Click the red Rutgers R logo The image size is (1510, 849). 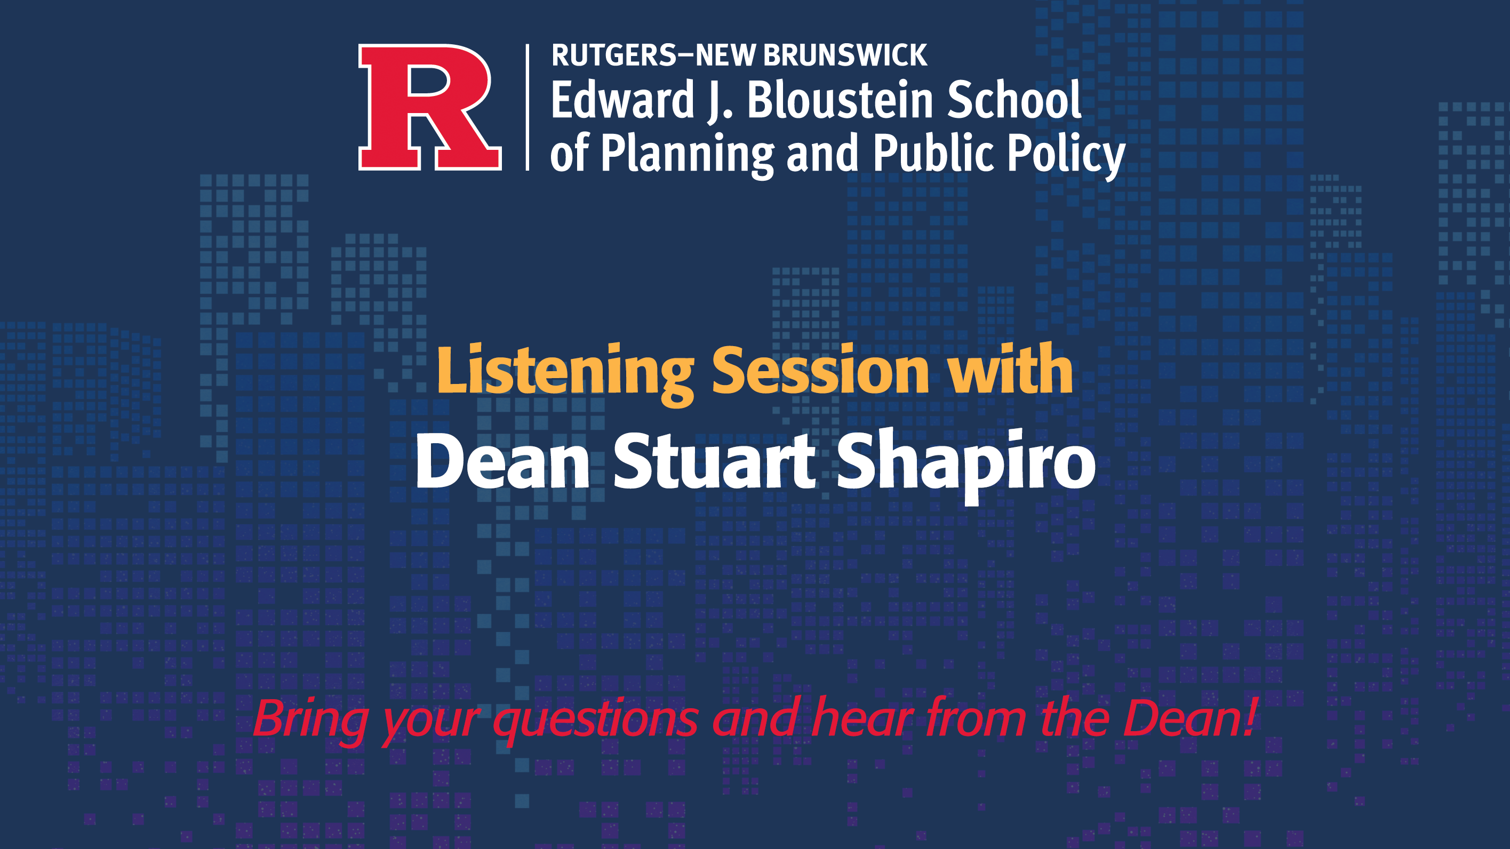click(x=430, y=107)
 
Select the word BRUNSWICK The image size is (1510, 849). click(x=845, y=55)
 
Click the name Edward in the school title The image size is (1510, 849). click(x=622, y=100)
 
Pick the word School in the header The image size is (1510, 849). click(x=1014, y=100)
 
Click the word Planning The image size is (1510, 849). click(x=688, y=154)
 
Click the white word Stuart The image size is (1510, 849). click(x=715, y=461)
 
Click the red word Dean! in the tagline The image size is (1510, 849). click(x=1190, y=718)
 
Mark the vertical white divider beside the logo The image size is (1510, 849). click(x=528, y=107)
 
